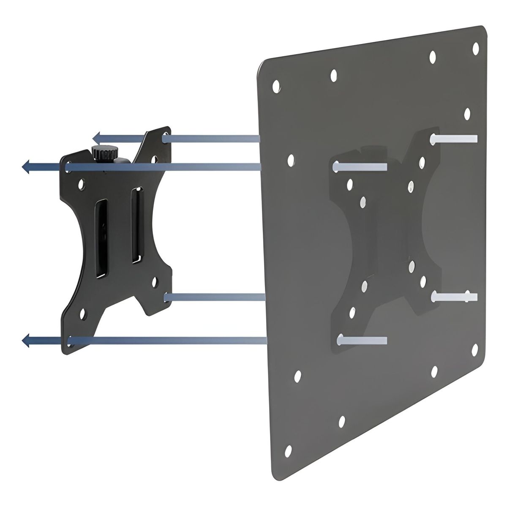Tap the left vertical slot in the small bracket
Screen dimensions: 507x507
pos(102,239)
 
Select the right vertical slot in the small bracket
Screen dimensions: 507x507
pos(135,230)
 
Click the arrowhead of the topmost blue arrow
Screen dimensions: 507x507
pos(97,138)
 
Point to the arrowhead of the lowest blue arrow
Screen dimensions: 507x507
pos(26,340)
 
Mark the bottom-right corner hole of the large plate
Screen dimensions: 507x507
pos(474,348)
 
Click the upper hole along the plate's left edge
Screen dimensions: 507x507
pos(290,160)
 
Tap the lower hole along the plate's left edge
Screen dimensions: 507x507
pos(297,375)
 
